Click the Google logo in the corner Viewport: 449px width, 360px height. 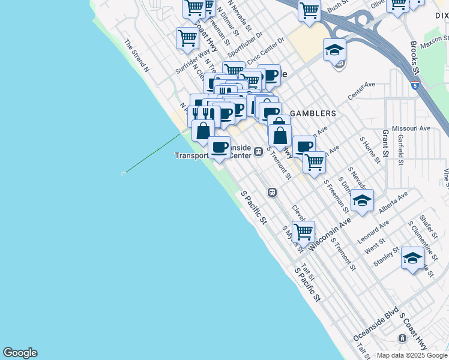pos(20,353)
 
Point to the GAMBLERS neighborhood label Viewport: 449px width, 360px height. pos(313,113)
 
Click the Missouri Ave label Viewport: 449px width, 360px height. pos(411,128)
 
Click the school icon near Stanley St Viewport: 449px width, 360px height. pos(412,259)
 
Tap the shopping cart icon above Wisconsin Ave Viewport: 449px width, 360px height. pos(304,232)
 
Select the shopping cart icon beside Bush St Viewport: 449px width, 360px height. pos(309,10)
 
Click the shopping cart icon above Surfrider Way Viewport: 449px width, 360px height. pos(187,38)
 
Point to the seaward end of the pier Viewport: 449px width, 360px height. pos(124,173)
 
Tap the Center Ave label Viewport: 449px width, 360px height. pos(361,92)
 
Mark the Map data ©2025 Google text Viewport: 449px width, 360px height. pos(412,355)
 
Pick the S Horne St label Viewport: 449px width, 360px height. pos(370,149)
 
